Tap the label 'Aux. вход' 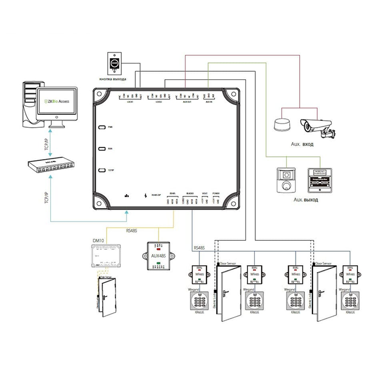pos(303,144)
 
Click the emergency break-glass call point pos(320,180)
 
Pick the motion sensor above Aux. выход pos(286,180)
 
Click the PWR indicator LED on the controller pos(101,127)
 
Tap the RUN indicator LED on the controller pos(101,149)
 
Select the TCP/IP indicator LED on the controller pos(101,170)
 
